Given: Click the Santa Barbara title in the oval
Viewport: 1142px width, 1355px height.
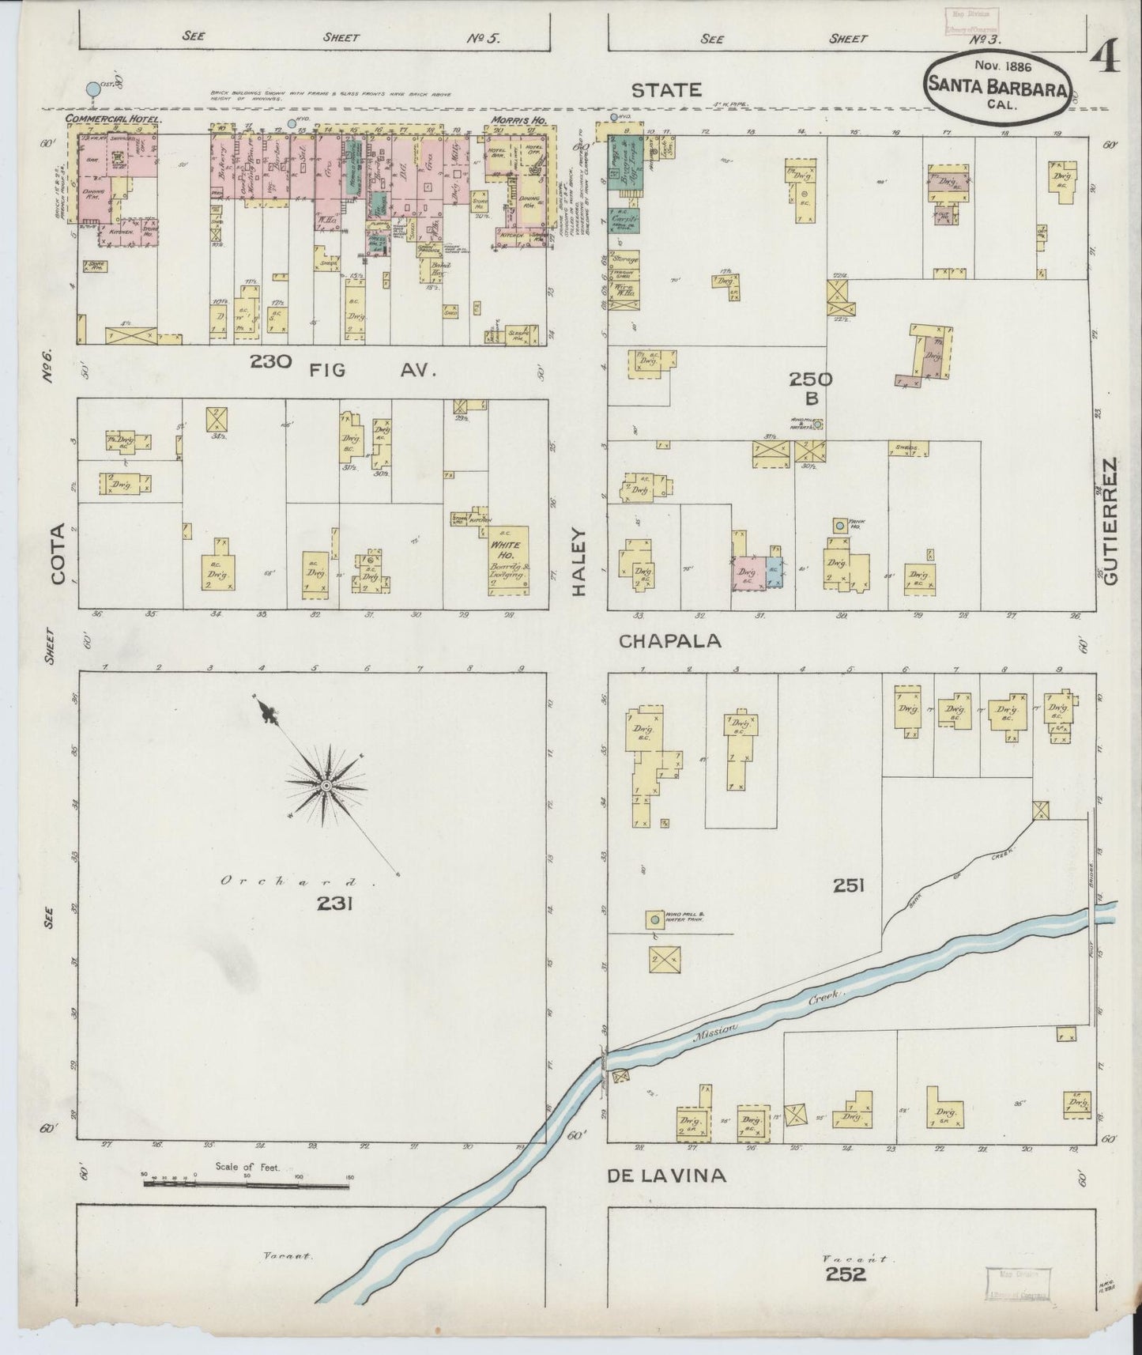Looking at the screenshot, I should (x=998, y=85).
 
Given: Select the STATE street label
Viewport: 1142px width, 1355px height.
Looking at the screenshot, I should (x=666, y=90).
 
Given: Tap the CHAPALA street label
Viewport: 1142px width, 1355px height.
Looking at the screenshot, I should (x=670, y=641).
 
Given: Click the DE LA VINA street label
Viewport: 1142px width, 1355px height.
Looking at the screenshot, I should (x=666, y=1176).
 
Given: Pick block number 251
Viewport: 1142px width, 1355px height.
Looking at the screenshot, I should (x=847, y=886).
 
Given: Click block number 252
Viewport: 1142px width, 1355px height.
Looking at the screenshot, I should (x=846, y=1274).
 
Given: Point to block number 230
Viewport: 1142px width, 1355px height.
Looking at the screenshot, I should (x=271, y=362).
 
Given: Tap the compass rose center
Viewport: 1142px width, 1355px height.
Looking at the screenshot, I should (x=326, y=786).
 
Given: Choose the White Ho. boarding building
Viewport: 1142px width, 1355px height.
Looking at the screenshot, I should (x=503, y=559).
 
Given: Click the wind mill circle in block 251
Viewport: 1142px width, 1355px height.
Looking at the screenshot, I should (x=654, y=919).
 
